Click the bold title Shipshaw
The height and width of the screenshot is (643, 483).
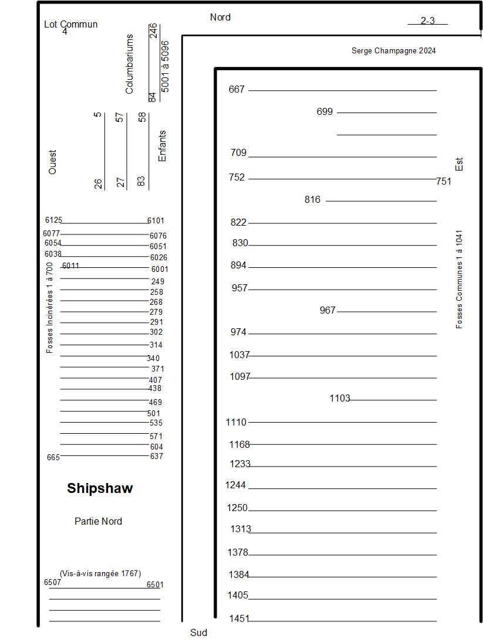tap(100, 488)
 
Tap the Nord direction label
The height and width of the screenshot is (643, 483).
tap(220, 18)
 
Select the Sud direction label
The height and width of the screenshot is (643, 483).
tap(198, 633)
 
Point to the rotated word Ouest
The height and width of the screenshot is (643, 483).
tap(53, 162)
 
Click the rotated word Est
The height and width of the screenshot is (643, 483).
tap(460, 164)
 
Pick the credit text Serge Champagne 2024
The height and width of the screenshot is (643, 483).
tap(393, 51)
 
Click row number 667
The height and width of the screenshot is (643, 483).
tap(237, 90)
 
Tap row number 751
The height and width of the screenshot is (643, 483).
tap(444, 182)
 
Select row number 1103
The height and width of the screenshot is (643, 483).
tap(340, 399)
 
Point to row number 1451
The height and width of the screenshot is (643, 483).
tap(239, 618)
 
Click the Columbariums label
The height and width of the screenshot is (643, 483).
tap(130, 64)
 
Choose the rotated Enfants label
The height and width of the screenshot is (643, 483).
tap(163, 146)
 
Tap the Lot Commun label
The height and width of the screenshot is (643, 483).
tap(70, 25)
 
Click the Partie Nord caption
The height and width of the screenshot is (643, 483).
tap(98, 521)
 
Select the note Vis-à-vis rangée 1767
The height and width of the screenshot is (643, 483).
tap(100, 573)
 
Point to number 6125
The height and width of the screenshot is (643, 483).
tap(53, 220)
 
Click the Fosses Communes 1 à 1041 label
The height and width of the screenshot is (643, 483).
tap(460, 278)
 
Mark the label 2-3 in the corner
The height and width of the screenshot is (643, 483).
tap(427, 21)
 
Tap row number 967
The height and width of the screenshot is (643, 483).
tap(327, 310)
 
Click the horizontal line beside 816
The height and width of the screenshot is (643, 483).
tap(381, 201)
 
